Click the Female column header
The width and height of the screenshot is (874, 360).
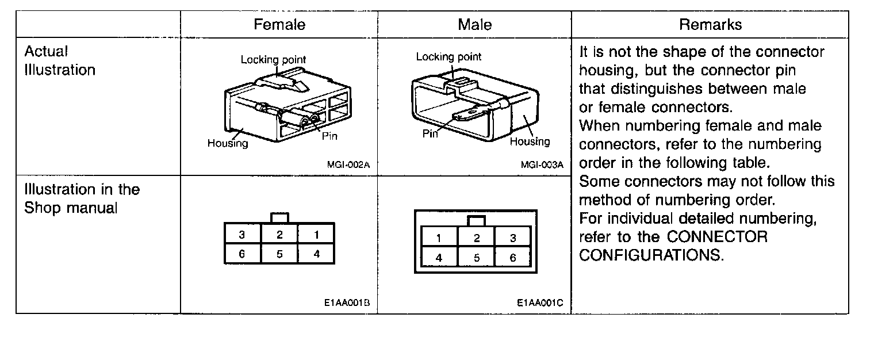pyautogui.click(x=279, y=25)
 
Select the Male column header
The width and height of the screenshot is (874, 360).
pyautogui.click(x=474, y=25)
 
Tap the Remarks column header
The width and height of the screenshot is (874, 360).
pyautogui.click(x=710, y=25)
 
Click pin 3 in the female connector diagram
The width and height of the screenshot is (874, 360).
pyautogui.click(x=242, y=235)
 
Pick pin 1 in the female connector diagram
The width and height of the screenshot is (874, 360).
pyautogui.click(x=316, y=235)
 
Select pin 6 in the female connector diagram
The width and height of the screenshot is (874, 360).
pyautogui.click(x=242, y=254)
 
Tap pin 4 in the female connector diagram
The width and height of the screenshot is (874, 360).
pyautogui.click(x=316, y=254)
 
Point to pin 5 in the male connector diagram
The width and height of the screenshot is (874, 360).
pyautogui.click(x=477, y=258)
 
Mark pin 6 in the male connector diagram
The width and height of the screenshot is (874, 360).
pyautogui.click(x=513, y=258)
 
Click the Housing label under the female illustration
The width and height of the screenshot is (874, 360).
pyautogui.click(x=228, y=144)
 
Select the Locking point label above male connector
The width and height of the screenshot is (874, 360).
pyautogui.click(x=448, y=57)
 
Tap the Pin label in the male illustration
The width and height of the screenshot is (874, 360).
pyautogui.click(x=430, y=134)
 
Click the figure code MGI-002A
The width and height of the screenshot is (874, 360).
pyautogui.click(x=348, y=164)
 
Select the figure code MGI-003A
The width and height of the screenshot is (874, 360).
pyautogui.click(x=542, y=164)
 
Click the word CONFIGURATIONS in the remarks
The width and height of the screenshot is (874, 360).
pyautogui.click(x=650, y=255)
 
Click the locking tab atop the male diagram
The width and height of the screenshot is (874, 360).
pyautogui.click(x=476, y=221)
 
